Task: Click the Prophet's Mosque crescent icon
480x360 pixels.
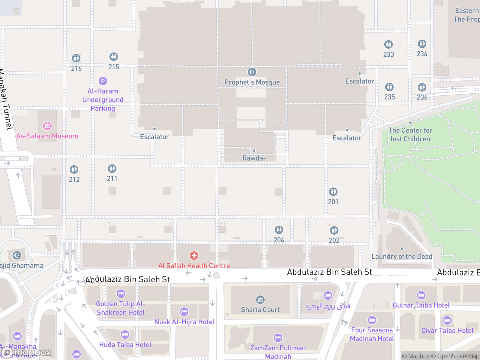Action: tap(252, 72)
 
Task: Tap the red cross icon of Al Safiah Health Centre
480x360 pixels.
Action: tap(194, 256)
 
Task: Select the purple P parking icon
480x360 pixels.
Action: tap(103, 81)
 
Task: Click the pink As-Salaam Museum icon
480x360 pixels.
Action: tap(47, 126)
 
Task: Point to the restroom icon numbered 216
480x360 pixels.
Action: tap(76, 58)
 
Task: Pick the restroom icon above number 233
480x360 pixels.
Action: tap(388, 44)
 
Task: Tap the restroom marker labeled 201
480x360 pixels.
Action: tap(333, 192)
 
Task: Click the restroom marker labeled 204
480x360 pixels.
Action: tap(279, 230)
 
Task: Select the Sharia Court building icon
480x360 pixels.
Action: tap(260, 300)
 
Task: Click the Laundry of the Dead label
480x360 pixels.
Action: tap(402, 256)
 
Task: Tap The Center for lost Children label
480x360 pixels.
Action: tap(410, 135)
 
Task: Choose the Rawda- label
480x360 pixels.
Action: tap(254, 158)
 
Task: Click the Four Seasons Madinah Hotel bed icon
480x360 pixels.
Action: tap(372, 320)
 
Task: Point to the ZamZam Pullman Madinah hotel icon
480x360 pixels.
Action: tap(278, 338)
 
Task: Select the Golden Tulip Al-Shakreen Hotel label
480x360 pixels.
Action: tap(121, 308)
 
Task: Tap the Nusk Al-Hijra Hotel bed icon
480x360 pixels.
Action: tap(184, 312)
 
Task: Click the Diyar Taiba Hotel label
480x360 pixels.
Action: tap(447, 331)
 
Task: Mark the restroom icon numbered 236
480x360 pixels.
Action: tap(422, 87)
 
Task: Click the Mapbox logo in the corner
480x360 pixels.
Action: tap(26, 352)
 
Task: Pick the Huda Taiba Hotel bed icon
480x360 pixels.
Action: tap(125, 334)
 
